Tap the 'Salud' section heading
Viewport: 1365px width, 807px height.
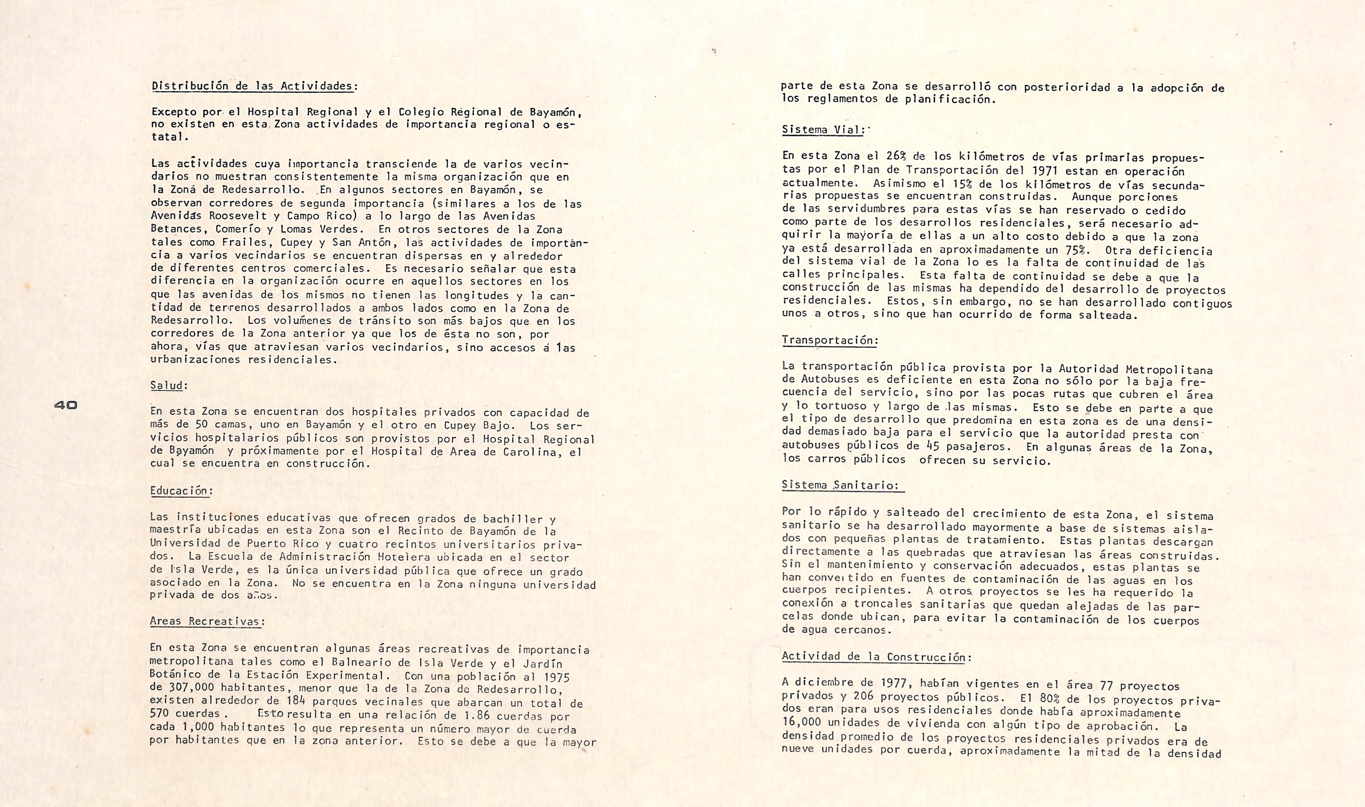click(167, 385)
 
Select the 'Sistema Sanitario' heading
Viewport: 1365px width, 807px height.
click(840, 485)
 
